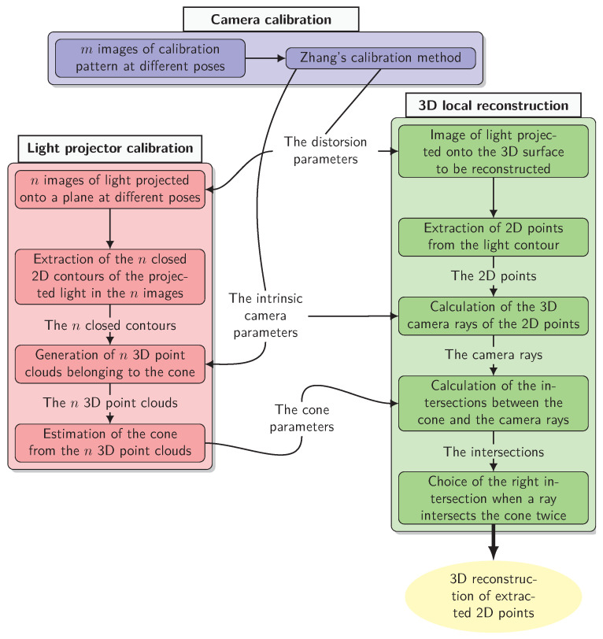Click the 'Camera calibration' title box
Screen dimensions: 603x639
[x=271, y=19]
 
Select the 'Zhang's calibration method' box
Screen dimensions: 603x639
[x=381, y=58]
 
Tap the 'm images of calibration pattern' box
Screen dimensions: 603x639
[x=150, y=58]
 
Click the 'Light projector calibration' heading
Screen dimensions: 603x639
[x=110, y=148]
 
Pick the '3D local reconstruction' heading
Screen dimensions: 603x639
[x=494, y=105]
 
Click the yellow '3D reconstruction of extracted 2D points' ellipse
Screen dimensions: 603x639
[x=494, y=597]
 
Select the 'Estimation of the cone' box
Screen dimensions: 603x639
[x=110, y=443]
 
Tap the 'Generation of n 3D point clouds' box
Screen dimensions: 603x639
[x=110, y=364]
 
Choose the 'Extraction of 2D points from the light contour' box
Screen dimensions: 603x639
[x=494, y=237]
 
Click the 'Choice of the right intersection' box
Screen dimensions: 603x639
[x=494, y=498]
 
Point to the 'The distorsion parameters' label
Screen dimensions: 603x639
[x=325, y=150]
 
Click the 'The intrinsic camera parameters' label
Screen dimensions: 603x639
[x=265, y=316]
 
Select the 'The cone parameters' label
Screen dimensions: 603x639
[x=301, y=418]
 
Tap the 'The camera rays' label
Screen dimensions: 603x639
[x=494, y=355]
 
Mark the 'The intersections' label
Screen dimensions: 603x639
[x=494, y=452]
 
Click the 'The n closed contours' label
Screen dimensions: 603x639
[x=110, y=325]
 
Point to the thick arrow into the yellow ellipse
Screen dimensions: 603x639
[x=494, y=542]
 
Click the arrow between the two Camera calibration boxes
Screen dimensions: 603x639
[x=265, y=58]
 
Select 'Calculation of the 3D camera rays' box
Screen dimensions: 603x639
[x=494, y=316]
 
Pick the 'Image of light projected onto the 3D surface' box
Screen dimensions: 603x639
[x=494, y=151]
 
